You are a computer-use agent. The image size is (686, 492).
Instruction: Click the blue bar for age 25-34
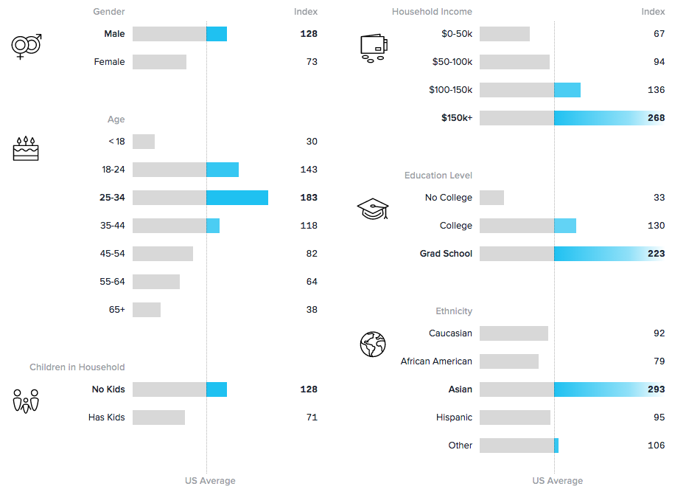click(x=237, y=198)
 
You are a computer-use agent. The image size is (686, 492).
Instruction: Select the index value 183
click(x=309, y=198)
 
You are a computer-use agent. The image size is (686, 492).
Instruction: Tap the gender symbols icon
click(x=27, y=46)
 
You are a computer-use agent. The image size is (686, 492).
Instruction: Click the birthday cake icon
click(x=26, y=148)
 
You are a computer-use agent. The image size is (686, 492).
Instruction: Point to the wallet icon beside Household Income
click(x=374, y=48)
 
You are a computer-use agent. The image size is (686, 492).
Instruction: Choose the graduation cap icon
click(x=373, y=209)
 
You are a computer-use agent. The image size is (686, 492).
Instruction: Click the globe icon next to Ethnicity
click(x=373, y=344)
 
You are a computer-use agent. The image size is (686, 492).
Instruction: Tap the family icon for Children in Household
click(x=26, y=401)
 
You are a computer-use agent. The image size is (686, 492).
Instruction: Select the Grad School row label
click(x=446, y=254)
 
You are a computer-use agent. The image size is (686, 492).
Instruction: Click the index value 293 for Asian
click(x=656, y=389)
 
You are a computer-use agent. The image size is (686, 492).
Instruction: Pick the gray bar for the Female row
click(x=159, y=62)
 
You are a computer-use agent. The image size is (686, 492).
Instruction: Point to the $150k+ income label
click(x=457, y=118)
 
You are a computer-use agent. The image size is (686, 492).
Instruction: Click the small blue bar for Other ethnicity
click(x=556, y=446)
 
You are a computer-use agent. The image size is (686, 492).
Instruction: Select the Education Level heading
click(x=438, y=176)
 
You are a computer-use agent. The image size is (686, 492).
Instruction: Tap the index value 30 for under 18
click(x=312, y=142)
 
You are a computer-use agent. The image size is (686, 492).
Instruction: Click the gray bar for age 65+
click(x=147, y=310)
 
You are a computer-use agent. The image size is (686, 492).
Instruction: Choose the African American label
click(x=436, y=361)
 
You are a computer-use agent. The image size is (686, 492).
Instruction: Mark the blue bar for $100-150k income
click(x=567, y=90)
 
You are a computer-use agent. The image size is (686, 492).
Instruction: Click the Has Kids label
click(x=107, y=417)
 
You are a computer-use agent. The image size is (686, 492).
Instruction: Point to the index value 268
click(x=656, y=118)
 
